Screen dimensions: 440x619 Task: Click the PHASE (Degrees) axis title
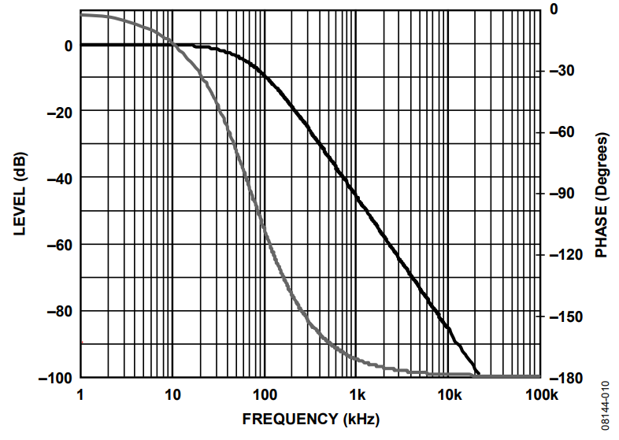602,196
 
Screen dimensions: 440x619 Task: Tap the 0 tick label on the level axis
69,46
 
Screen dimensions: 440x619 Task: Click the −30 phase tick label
564,71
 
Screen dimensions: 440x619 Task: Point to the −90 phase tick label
564,194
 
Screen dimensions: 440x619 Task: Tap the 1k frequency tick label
357,394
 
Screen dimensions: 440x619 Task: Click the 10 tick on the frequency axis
172,394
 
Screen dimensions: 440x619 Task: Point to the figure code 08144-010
606,405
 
